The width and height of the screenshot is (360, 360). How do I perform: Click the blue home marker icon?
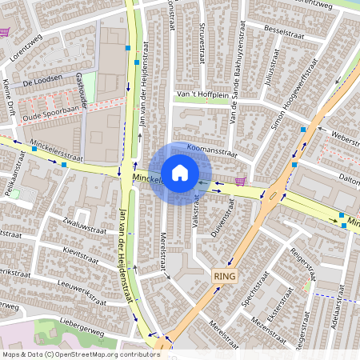[180, 172]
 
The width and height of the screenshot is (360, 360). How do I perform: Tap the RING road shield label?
[226, 274]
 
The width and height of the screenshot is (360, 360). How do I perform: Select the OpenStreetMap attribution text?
[81, 354]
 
